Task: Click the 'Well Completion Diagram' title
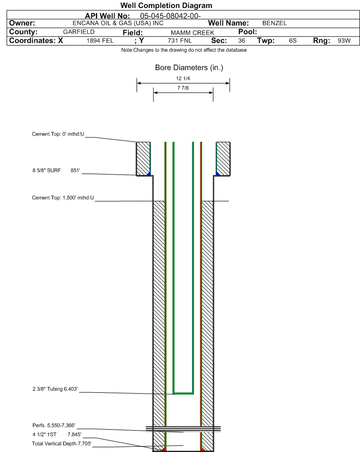point(166,6)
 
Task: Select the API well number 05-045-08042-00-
point(170,16)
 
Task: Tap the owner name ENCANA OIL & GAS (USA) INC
point(118,23)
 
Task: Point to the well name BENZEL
point(275,23)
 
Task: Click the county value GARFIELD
point(79,32)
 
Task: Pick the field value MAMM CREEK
point(192,33)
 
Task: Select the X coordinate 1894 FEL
point(100,41)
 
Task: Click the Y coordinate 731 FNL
point(180,41)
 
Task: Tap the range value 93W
point(344,41)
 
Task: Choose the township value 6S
point(293,41)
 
